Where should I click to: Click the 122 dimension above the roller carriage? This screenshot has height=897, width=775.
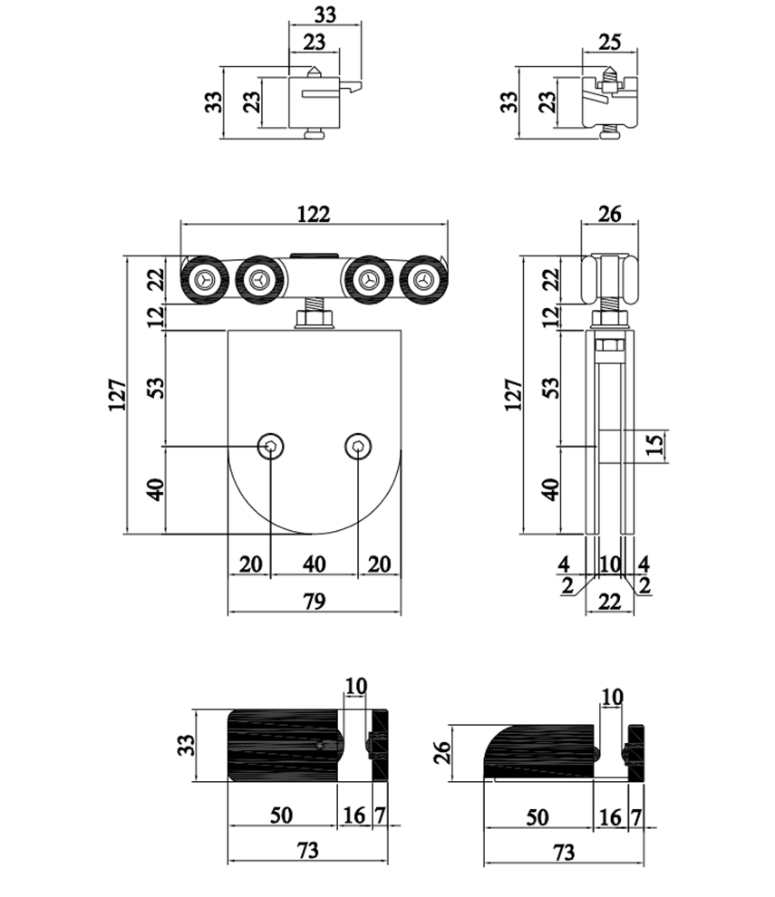click(315, 213)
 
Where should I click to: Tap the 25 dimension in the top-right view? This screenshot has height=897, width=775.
click(608, 41)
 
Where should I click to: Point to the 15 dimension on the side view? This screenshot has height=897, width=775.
click(657, 444)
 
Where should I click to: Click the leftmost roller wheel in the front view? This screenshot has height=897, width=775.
click(206, 281)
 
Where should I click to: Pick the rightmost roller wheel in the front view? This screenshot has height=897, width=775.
click(423, 281)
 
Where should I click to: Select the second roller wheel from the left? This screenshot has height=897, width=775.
click(260, 281)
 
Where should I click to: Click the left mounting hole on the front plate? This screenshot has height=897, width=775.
click(270, 446)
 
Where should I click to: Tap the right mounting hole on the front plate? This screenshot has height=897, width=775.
click(358, 446)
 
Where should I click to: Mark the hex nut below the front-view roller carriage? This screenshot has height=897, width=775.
click(314, 319)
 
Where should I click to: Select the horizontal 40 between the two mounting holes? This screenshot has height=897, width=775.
click(314, 564)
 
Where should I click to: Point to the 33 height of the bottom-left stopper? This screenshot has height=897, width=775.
click(186, 745)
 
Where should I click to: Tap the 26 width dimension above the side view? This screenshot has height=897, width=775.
click(610, 215)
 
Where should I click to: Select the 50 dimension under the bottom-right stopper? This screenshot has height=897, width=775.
click(538, 817)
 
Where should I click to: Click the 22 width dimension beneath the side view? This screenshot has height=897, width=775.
click(610, 601)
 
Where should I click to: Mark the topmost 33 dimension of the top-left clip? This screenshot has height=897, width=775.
click(324, 14)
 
